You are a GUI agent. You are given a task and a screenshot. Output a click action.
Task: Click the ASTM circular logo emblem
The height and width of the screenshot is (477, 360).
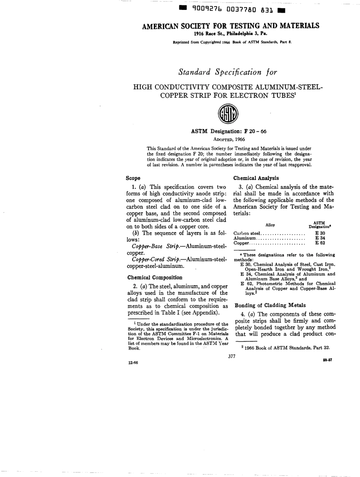click(230, 113)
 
